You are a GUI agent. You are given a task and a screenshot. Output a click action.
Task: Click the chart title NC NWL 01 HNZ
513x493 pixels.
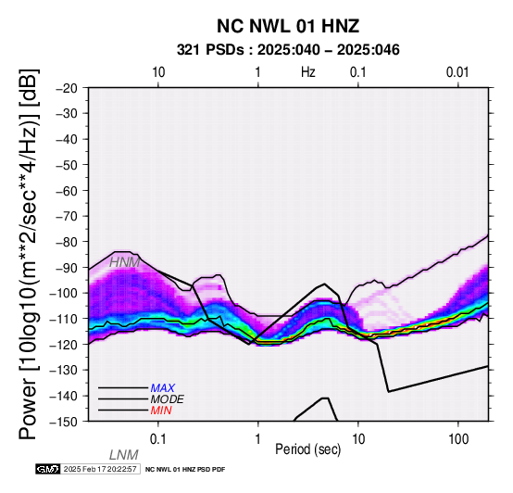tap(288, 26)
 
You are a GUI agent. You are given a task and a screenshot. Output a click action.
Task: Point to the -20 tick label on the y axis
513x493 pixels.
tap(67, 88)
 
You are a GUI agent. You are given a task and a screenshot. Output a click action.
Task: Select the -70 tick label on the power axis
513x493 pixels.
tap(67, 217)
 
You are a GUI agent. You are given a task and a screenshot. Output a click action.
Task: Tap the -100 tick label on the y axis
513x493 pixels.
tap(64, 293)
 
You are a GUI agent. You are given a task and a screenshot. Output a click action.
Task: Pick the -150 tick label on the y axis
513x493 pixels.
tap(64, 422)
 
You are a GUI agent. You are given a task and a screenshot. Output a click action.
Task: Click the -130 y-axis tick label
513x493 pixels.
tap(64, 371)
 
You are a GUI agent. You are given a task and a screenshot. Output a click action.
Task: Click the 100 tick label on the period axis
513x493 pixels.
tap(458, 439)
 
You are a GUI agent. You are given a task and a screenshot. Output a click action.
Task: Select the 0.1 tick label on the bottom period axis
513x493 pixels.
tap(157, 439)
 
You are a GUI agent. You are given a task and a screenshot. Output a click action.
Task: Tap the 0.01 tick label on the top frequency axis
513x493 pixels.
tap(457, 72)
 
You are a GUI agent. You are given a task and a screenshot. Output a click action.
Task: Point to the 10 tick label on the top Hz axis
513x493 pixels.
tap(158, 72)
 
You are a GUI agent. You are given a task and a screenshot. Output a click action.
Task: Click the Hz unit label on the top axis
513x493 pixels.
tap(307, 72)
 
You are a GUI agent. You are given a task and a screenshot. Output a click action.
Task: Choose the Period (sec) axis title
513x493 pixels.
tap(307, 449)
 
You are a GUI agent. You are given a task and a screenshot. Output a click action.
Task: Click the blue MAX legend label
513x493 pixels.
tap(163, 388)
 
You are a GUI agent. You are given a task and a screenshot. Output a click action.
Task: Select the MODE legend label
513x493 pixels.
tap(168, 399)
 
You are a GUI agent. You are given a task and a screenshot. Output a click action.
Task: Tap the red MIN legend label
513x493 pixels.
tap(161, 411)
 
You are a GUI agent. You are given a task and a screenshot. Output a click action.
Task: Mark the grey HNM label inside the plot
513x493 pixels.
tap(124, 262)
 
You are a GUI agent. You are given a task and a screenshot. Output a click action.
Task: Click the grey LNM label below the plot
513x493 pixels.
tap(124, 455)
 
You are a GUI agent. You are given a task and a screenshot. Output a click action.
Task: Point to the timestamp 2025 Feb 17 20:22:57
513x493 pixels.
tap(100, 469)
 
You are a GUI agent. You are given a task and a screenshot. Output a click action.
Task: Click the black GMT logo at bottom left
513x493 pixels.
tap(48, 469)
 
